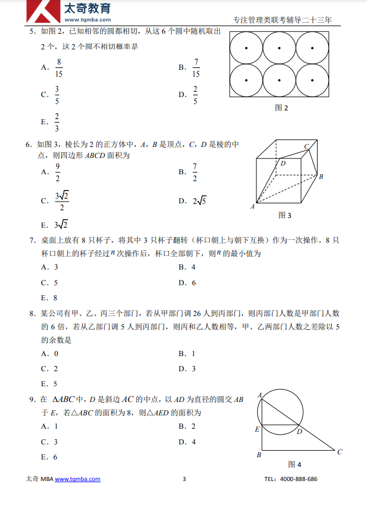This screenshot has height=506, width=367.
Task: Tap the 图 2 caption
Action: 281,107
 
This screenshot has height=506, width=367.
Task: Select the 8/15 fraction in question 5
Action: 59,67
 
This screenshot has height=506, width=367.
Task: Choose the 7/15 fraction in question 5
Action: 196,67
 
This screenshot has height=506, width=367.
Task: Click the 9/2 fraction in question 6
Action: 58,172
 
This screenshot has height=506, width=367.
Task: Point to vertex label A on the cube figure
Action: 253,206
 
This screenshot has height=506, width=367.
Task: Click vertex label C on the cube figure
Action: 307,146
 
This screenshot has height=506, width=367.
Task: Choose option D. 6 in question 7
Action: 187,283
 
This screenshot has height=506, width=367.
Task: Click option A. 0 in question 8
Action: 49,353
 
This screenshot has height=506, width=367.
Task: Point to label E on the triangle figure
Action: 257,429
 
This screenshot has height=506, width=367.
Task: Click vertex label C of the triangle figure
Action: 340,451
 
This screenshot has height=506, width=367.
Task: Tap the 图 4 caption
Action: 295,464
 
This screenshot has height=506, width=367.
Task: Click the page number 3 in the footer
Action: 184,479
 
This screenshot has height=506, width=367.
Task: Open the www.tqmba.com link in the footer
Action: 77,479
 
